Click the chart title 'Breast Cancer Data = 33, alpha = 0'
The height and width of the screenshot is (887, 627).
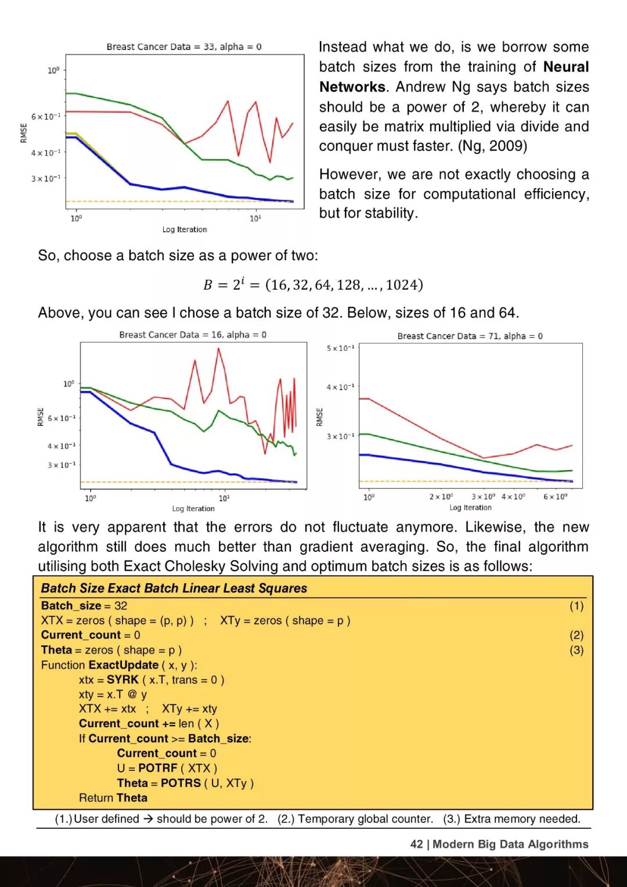[x=183, y=46]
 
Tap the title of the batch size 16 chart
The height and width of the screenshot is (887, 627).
[x=193, y=335]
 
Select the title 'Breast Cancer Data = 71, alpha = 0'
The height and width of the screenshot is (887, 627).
[x=470, y=336]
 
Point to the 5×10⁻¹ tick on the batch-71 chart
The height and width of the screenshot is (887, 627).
[x=340, y=348]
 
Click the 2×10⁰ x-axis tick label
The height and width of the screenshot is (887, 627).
[x=441, y=497]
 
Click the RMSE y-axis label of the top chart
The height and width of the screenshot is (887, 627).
[x=24, y=133]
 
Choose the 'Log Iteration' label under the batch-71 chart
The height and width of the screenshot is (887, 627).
[x=470, y=507]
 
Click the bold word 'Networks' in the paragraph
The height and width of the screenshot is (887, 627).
[x=352, y=87]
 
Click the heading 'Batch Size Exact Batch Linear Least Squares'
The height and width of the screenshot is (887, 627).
[x=174, y=588]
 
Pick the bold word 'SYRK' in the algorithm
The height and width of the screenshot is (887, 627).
[x=122, y=679]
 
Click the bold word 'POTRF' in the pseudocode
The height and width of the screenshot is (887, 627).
[x=157, y=768]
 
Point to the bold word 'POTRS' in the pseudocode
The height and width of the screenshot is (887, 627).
[x=181, y=782]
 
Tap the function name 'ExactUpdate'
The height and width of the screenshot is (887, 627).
[x=123, y=665]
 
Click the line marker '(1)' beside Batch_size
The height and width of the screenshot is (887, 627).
[x=576, y=606]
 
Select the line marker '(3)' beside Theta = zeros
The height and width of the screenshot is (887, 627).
[x=576, y=650]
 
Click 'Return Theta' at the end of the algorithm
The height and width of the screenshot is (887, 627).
[x=113, y=798]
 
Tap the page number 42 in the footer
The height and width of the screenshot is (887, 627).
[x=416, y=844]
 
